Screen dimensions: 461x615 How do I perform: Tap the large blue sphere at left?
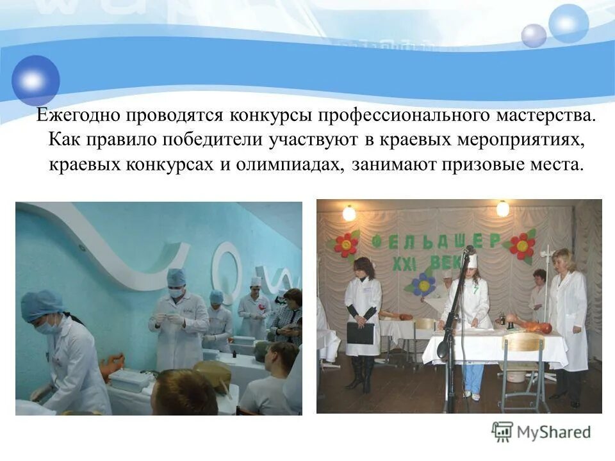pos(35,80)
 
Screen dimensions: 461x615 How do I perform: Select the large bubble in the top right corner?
pos(568,24)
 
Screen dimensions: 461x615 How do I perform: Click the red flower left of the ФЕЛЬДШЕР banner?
pos(346,244)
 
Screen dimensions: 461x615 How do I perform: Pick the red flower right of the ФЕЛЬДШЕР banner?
pos(523,245)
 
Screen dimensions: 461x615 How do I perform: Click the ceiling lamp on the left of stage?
pos(349,213)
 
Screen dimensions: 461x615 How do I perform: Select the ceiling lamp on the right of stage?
pos(503,209)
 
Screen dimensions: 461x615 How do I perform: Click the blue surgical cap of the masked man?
pos(176,277)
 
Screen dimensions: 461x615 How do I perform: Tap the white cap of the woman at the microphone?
pos(472,261)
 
